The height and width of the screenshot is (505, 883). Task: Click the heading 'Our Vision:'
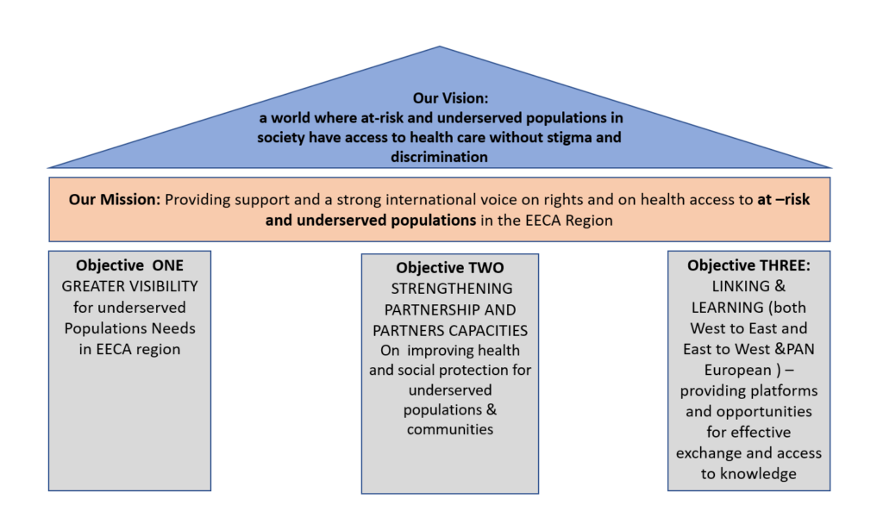click(x=439, y=98)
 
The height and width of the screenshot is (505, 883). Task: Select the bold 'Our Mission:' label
click(x=115, y=200)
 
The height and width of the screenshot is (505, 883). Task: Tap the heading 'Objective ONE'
click(x=129, y=265)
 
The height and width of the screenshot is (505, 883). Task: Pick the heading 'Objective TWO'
click(x=449, y=268)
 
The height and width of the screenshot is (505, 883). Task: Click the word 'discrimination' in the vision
click(x=439, y=157)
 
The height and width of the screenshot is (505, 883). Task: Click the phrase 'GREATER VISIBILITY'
click(x=129, y=286)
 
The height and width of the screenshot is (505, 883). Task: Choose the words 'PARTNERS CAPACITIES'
click(x=450, y=330)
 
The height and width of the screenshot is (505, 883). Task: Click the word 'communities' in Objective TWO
click(x=450, y=429)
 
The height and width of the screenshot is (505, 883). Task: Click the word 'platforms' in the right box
click(x=780, y=390)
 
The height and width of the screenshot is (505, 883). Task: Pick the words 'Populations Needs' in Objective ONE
click(x=129, y=328)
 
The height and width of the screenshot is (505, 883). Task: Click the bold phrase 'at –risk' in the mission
click(x=784, y=200)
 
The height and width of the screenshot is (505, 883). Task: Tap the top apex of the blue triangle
click(x=440, y=47)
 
